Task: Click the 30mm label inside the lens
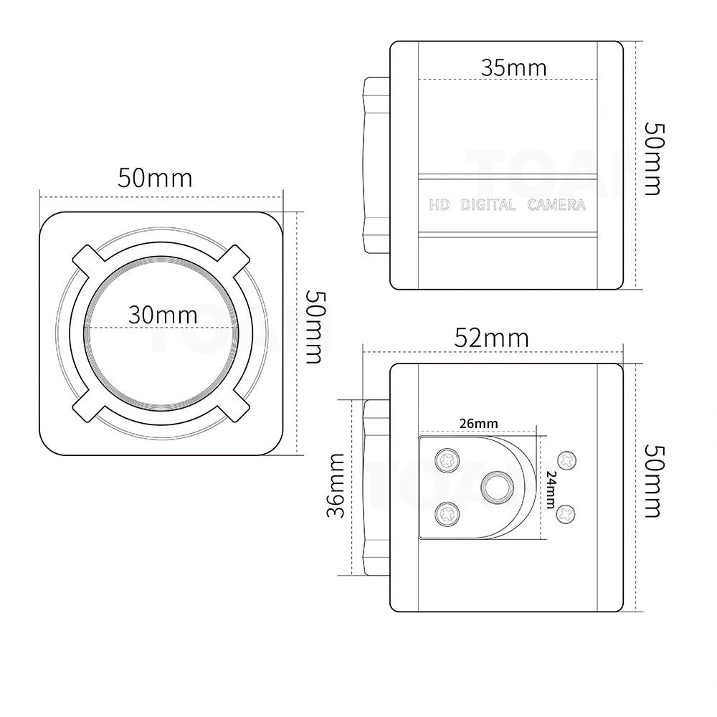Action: tap(163, 314)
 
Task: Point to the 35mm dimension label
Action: tap(513, 67)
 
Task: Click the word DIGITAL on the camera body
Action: tap(488, 206)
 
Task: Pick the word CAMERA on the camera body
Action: tap(556, 206)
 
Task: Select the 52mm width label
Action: tap(492, 337)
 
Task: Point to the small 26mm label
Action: tap(478, 424)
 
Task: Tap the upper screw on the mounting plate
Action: tap(447, 459)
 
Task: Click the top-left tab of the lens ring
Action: tap(87, 260)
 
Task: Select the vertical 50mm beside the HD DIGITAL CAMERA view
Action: tap(653, 158)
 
